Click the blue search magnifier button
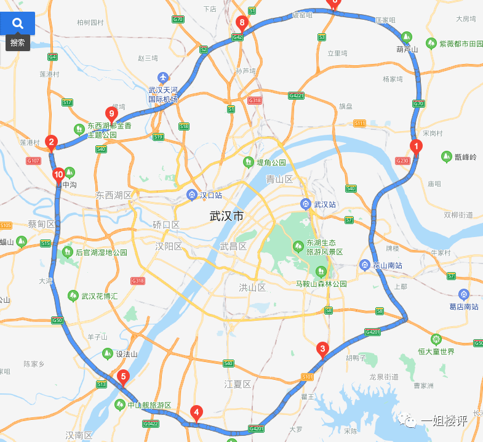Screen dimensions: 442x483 pos(18,23)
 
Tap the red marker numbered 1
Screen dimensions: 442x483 pos(417,147)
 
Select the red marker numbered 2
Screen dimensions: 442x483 pos(52,142)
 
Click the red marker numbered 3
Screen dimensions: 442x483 pos(322,349)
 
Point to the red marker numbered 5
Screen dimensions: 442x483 pos(123,377)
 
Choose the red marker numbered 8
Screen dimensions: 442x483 pos(242,24)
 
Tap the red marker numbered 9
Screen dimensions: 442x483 pos(111,113)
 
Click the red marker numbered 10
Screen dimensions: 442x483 pos(58,174)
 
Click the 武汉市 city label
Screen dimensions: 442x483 pos(226,217)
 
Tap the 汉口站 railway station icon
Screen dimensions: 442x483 pos(192,195)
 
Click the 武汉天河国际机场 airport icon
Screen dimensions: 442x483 pos(162,78)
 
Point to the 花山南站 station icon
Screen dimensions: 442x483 pos(364,265)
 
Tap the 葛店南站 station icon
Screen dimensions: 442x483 pos(463,294)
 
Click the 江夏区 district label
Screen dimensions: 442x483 pos(238,384)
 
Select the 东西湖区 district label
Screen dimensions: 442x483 pos(114,195)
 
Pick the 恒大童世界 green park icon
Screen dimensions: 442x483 pos(436,339)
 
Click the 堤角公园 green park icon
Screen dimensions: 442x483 pos(248,162)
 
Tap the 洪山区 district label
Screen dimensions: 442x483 pos(252,287)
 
